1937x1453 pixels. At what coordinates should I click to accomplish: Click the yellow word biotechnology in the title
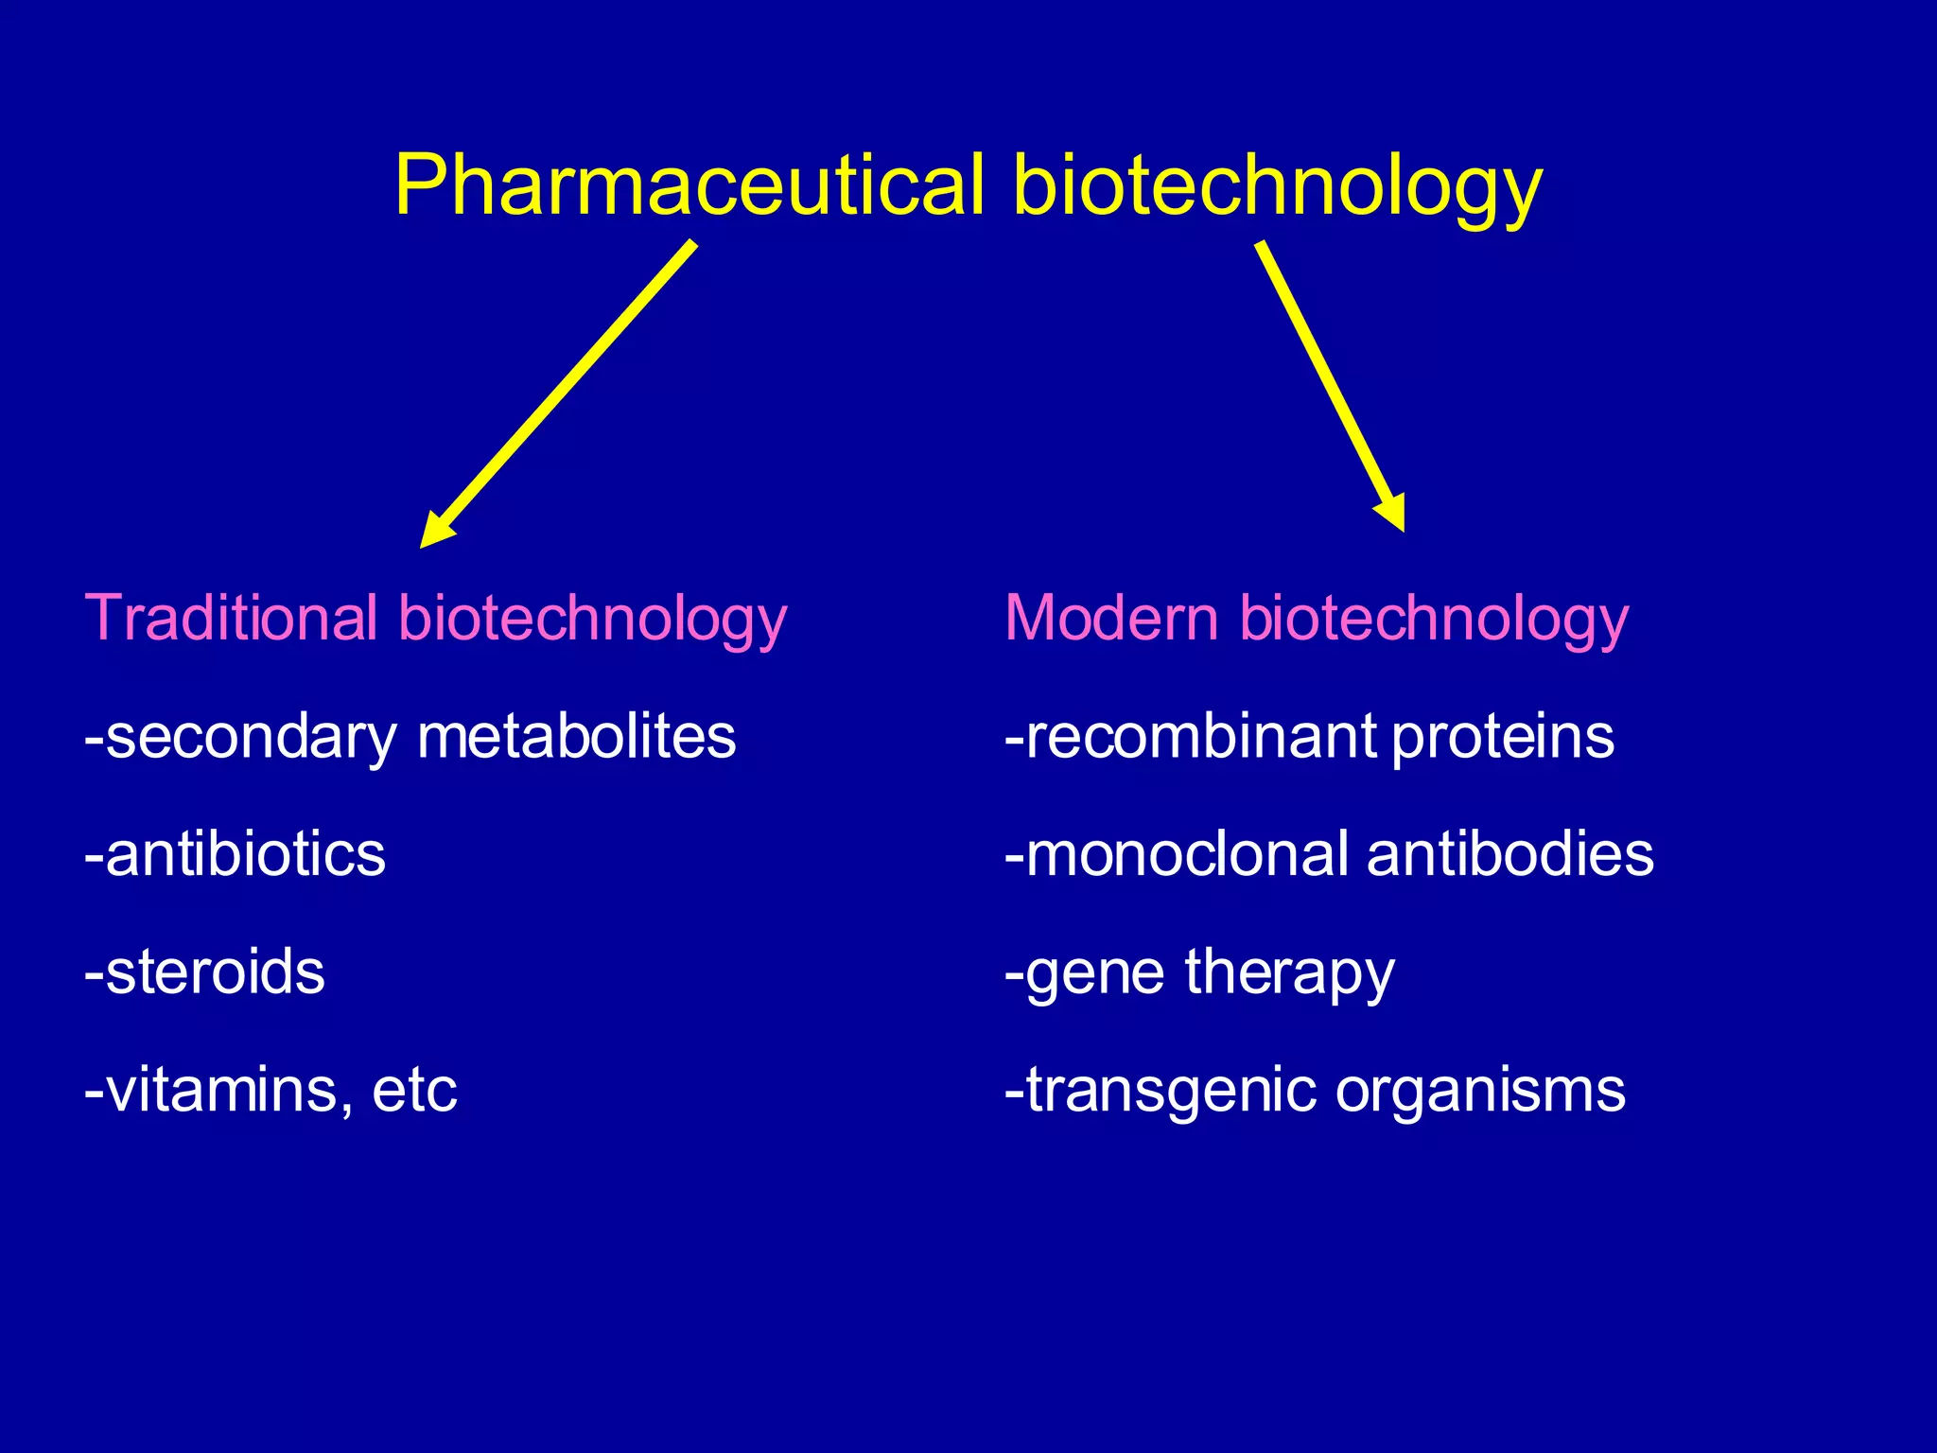[x=1277, y=186]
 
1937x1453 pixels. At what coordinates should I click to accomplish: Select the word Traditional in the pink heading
[x=232, y=618]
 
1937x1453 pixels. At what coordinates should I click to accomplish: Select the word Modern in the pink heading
[x=1111, y=618]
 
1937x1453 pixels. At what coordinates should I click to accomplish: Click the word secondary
[x=252, y=737]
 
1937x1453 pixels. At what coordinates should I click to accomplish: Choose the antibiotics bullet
[x=236, y=854]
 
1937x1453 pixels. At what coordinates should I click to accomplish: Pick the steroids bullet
[x=206, y=972]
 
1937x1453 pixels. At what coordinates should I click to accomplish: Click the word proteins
[x=1503, y=737]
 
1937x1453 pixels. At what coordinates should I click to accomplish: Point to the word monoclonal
[x=1187, y=854]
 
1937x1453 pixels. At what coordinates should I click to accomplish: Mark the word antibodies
[x=1510, y=854]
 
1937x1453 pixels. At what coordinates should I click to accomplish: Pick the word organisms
[x=1480, y=1091]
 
